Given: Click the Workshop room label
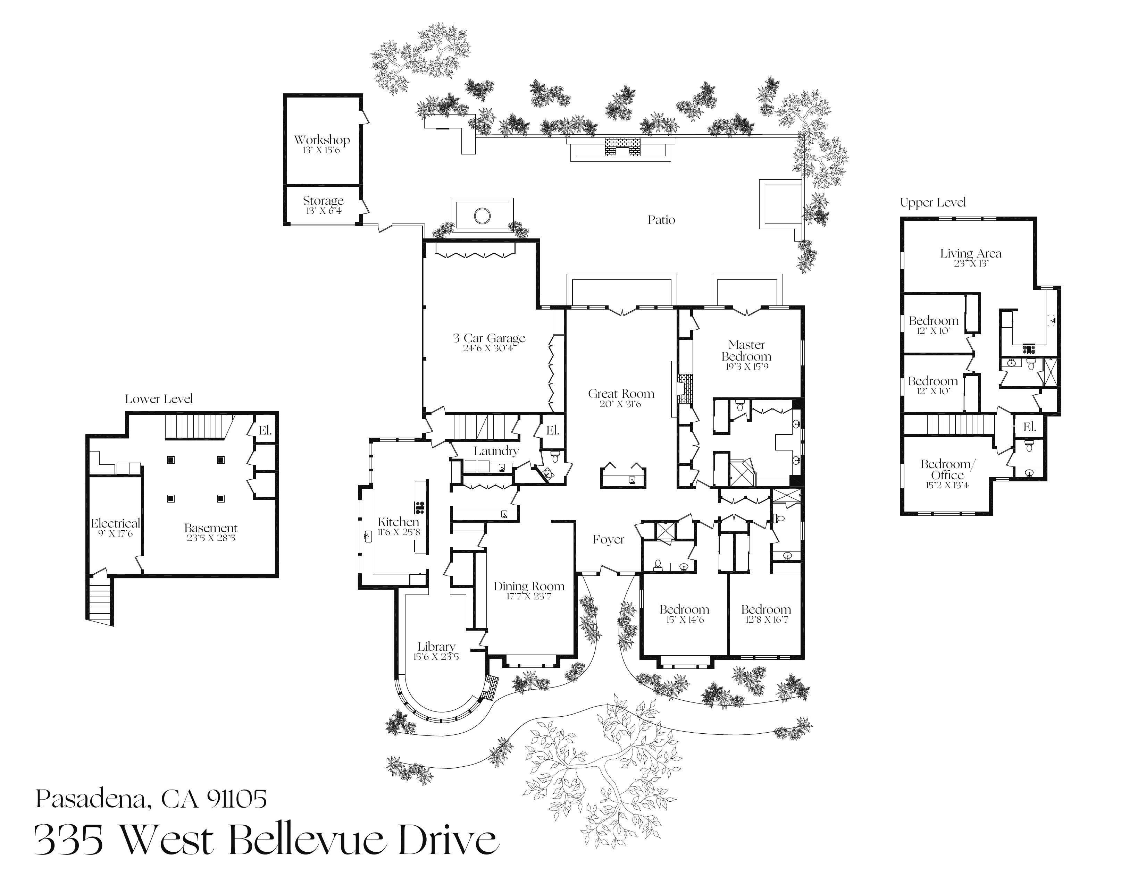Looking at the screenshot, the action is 322,140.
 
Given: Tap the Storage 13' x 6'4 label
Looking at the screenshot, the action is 323,201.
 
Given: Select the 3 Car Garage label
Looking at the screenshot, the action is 489,338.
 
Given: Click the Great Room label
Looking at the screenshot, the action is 621,394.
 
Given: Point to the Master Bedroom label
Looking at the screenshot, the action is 746,351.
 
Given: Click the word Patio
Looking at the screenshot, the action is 661,220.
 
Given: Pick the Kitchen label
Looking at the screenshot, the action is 398,522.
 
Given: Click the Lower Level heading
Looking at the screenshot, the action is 158,399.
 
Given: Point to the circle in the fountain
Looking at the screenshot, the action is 482,216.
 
